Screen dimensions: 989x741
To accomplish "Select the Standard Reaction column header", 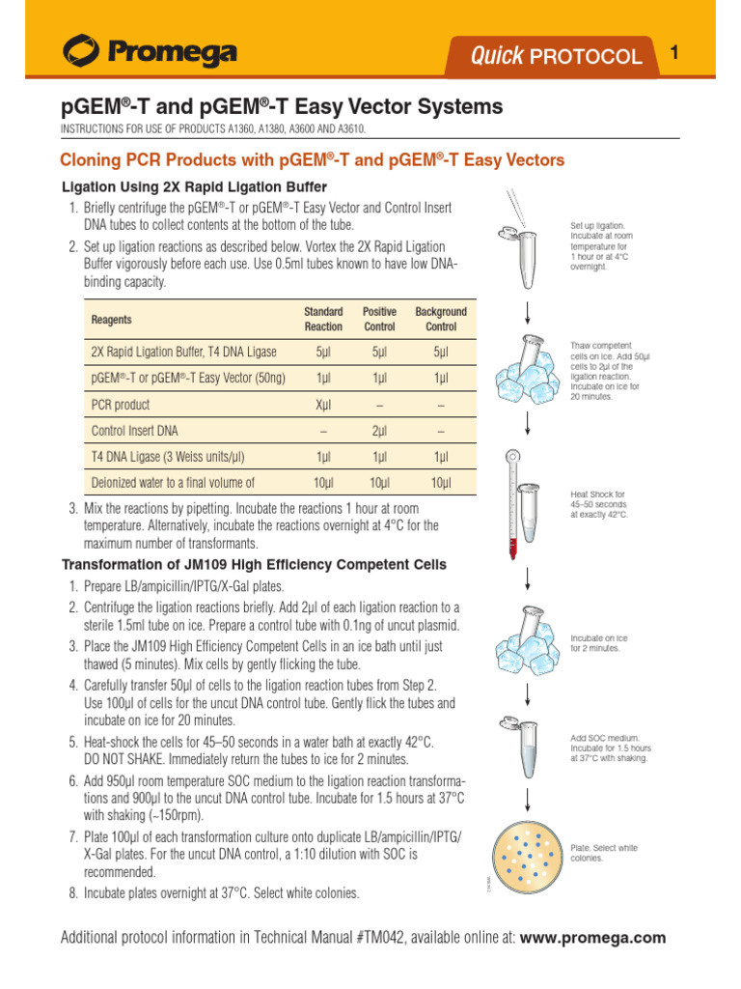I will tap(323, 319).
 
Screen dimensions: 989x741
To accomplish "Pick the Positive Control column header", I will tap(379, 319).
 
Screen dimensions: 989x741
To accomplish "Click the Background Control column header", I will tap(441, 319).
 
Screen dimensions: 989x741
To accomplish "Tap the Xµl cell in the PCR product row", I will tap(323, 405).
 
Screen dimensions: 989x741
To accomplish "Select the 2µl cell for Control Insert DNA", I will tap(379, 431).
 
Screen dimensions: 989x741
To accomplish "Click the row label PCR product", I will tap(121, 405).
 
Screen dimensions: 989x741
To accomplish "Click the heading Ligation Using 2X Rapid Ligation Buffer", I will tap(194, 186).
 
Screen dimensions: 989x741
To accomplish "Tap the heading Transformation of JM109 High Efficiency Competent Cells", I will tap(254, 564).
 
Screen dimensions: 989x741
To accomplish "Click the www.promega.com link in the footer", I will tap(593, 938).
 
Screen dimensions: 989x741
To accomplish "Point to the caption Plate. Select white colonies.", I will tap(604, 853).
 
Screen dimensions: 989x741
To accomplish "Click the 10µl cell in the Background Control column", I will tap(441, 483).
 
